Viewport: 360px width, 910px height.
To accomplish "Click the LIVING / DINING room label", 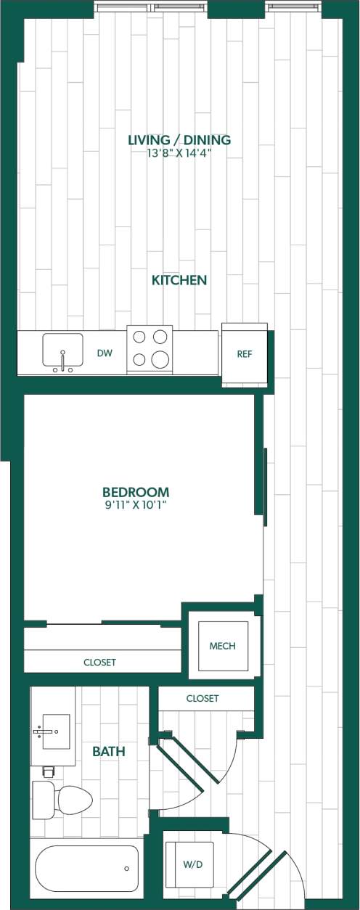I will point(179,140).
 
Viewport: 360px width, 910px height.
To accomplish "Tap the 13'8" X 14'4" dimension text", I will point(179,153).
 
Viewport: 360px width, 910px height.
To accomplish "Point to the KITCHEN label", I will point(179,280).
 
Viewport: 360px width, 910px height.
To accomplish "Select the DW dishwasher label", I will point(105,353).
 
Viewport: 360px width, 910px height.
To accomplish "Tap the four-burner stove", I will point(150,349).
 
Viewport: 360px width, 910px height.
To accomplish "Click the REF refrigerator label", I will point(245,354).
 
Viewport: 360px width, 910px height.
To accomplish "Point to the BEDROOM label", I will point(136,491).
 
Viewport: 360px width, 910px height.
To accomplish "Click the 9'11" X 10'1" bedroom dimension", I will point(136,504).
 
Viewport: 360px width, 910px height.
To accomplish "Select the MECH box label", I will point(222,646).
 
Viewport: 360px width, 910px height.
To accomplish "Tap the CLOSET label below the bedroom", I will point(99,663).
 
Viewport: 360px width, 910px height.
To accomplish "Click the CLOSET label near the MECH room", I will point(202,699).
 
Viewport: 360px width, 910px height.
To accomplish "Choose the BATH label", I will point(108,752).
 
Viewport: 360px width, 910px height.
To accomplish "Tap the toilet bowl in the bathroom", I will point(73,800).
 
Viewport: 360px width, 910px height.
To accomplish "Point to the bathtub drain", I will point(127,869).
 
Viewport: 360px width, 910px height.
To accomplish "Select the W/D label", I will point(192,864).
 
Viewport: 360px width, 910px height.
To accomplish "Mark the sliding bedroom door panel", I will point(266,486).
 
